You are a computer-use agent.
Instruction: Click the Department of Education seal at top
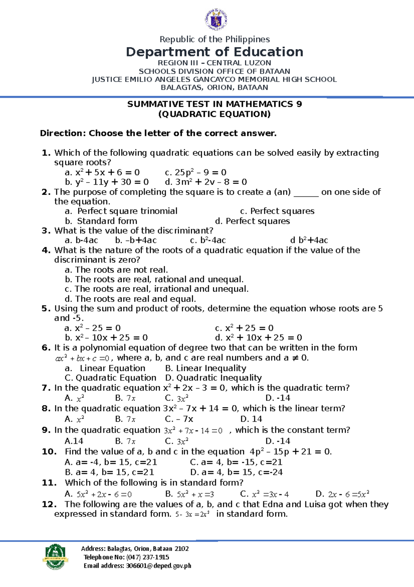(216, 20)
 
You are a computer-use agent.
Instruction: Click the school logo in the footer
(55, 557)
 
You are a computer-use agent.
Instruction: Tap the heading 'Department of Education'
(214, 52)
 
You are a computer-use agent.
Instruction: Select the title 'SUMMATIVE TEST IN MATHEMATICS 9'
(214, 104)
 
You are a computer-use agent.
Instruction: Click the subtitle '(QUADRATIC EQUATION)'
(214, 114)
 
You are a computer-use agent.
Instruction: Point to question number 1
(46, 153)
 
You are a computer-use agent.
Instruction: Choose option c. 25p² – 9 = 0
(195, 172)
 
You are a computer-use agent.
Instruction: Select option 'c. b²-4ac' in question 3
(208, 240)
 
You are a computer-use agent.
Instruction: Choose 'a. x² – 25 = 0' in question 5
(92, 328)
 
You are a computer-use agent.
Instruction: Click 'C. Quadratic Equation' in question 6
(110, 378)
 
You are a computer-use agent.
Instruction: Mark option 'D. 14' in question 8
(251, 419)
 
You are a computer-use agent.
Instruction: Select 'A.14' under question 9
(74, 441)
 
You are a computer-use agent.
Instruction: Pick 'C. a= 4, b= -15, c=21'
(236, 462)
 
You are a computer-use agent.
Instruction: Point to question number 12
(49, 504)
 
